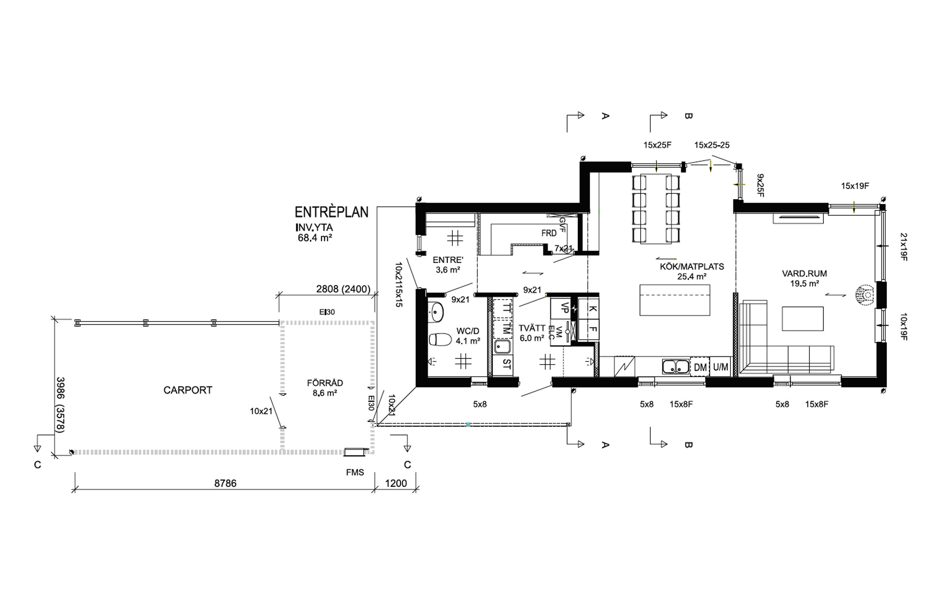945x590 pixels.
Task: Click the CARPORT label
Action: (x=188, y=390)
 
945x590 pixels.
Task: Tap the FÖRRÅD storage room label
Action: (x=325, y=383)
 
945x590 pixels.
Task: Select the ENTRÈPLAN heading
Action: (x=331, y=212)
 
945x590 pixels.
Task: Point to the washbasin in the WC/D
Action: (x=436, y=312)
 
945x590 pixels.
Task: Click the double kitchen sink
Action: (x=675, y=367)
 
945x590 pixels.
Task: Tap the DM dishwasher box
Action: (x=700, y=367)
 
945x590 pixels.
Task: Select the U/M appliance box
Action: (x=721, y=367)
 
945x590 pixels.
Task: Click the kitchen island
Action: (x=675, y=300)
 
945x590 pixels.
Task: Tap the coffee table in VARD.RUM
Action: (x=803, y=319)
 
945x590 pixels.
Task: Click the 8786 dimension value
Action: (x=225, y=483)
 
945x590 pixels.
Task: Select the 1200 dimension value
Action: (x=396, y=483)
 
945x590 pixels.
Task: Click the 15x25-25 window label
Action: (x=712, y=145)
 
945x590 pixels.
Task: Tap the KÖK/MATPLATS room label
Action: (x=692, y=266)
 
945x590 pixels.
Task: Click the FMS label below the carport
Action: (x=355, y=472)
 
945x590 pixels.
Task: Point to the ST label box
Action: (x=506, y=365)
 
